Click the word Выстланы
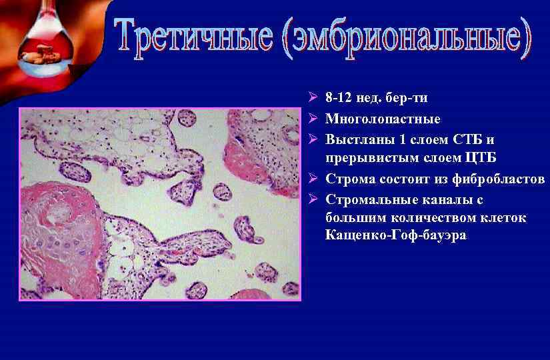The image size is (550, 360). (x=354, y=140)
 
